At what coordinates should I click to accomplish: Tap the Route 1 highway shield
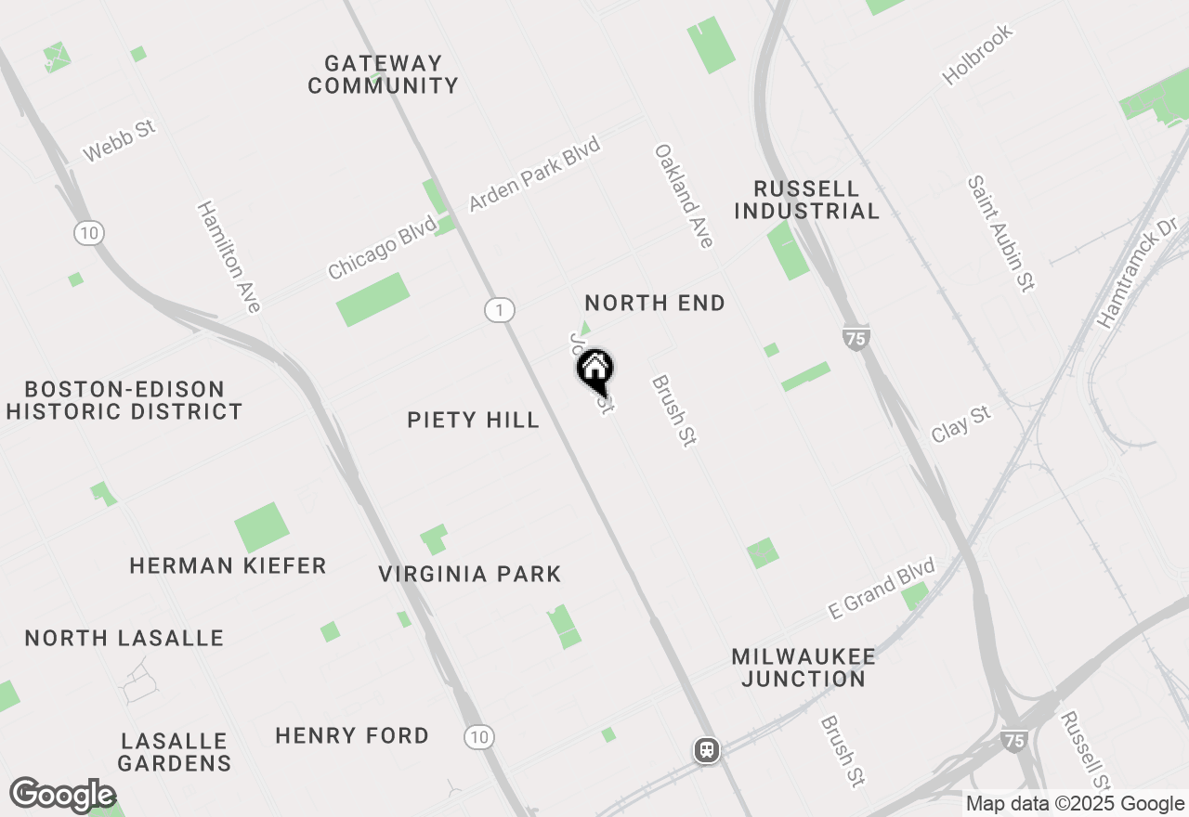[x=500, y=310]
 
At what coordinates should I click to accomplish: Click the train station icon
[x=707, y=750]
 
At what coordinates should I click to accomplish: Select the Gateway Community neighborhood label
[x=383, y=74]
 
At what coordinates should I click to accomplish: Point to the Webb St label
[x=118, y=140]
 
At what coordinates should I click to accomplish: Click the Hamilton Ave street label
[x=229, y=256]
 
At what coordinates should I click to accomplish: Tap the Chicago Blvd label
[x=382, y=247]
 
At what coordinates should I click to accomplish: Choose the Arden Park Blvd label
[x=535, y=174]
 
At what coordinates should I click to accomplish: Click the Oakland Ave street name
[x=684, y=196]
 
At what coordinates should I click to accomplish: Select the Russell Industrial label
[x=806, y=200]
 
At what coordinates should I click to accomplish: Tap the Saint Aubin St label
[x=1000, y=234]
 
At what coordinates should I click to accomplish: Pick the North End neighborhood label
[x=655, y=304]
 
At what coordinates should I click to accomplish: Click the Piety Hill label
[x=473, y=420]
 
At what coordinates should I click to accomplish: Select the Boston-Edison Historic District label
[x=124, y=400]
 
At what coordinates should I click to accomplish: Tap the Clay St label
[x=961, y=424]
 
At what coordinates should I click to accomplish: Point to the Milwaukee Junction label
[x=804, y=668]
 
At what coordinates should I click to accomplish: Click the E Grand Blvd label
[x=882, y=589]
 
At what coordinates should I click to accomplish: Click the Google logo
[x=62, y=796]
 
